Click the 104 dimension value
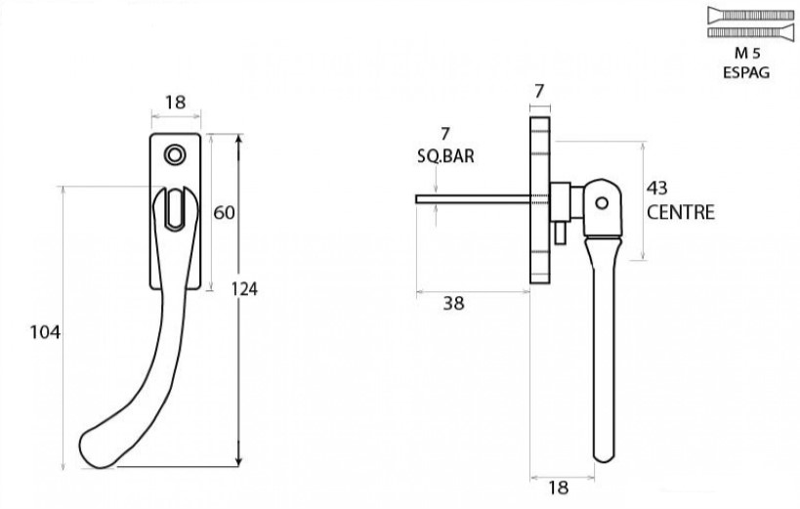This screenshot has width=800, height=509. pos(46,332)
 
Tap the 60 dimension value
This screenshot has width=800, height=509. pos(224,212)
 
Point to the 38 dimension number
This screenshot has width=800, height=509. pos(453,304)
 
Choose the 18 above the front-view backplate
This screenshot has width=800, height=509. pos(176,103)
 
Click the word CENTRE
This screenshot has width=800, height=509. pos(680,212)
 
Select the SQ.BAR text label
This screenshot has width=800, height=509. pos(444,155)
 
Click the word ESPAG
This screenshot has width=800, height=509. pos(745,71)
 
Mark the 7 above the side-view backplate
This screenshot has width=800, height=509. pos(539,91)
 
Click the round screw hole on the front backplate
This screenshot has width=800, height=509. pos(176,154)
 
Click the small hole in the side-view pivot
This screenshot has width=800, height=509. pos(602,203)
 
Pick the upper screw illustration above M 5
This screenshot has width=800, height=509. pos(745,15)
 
